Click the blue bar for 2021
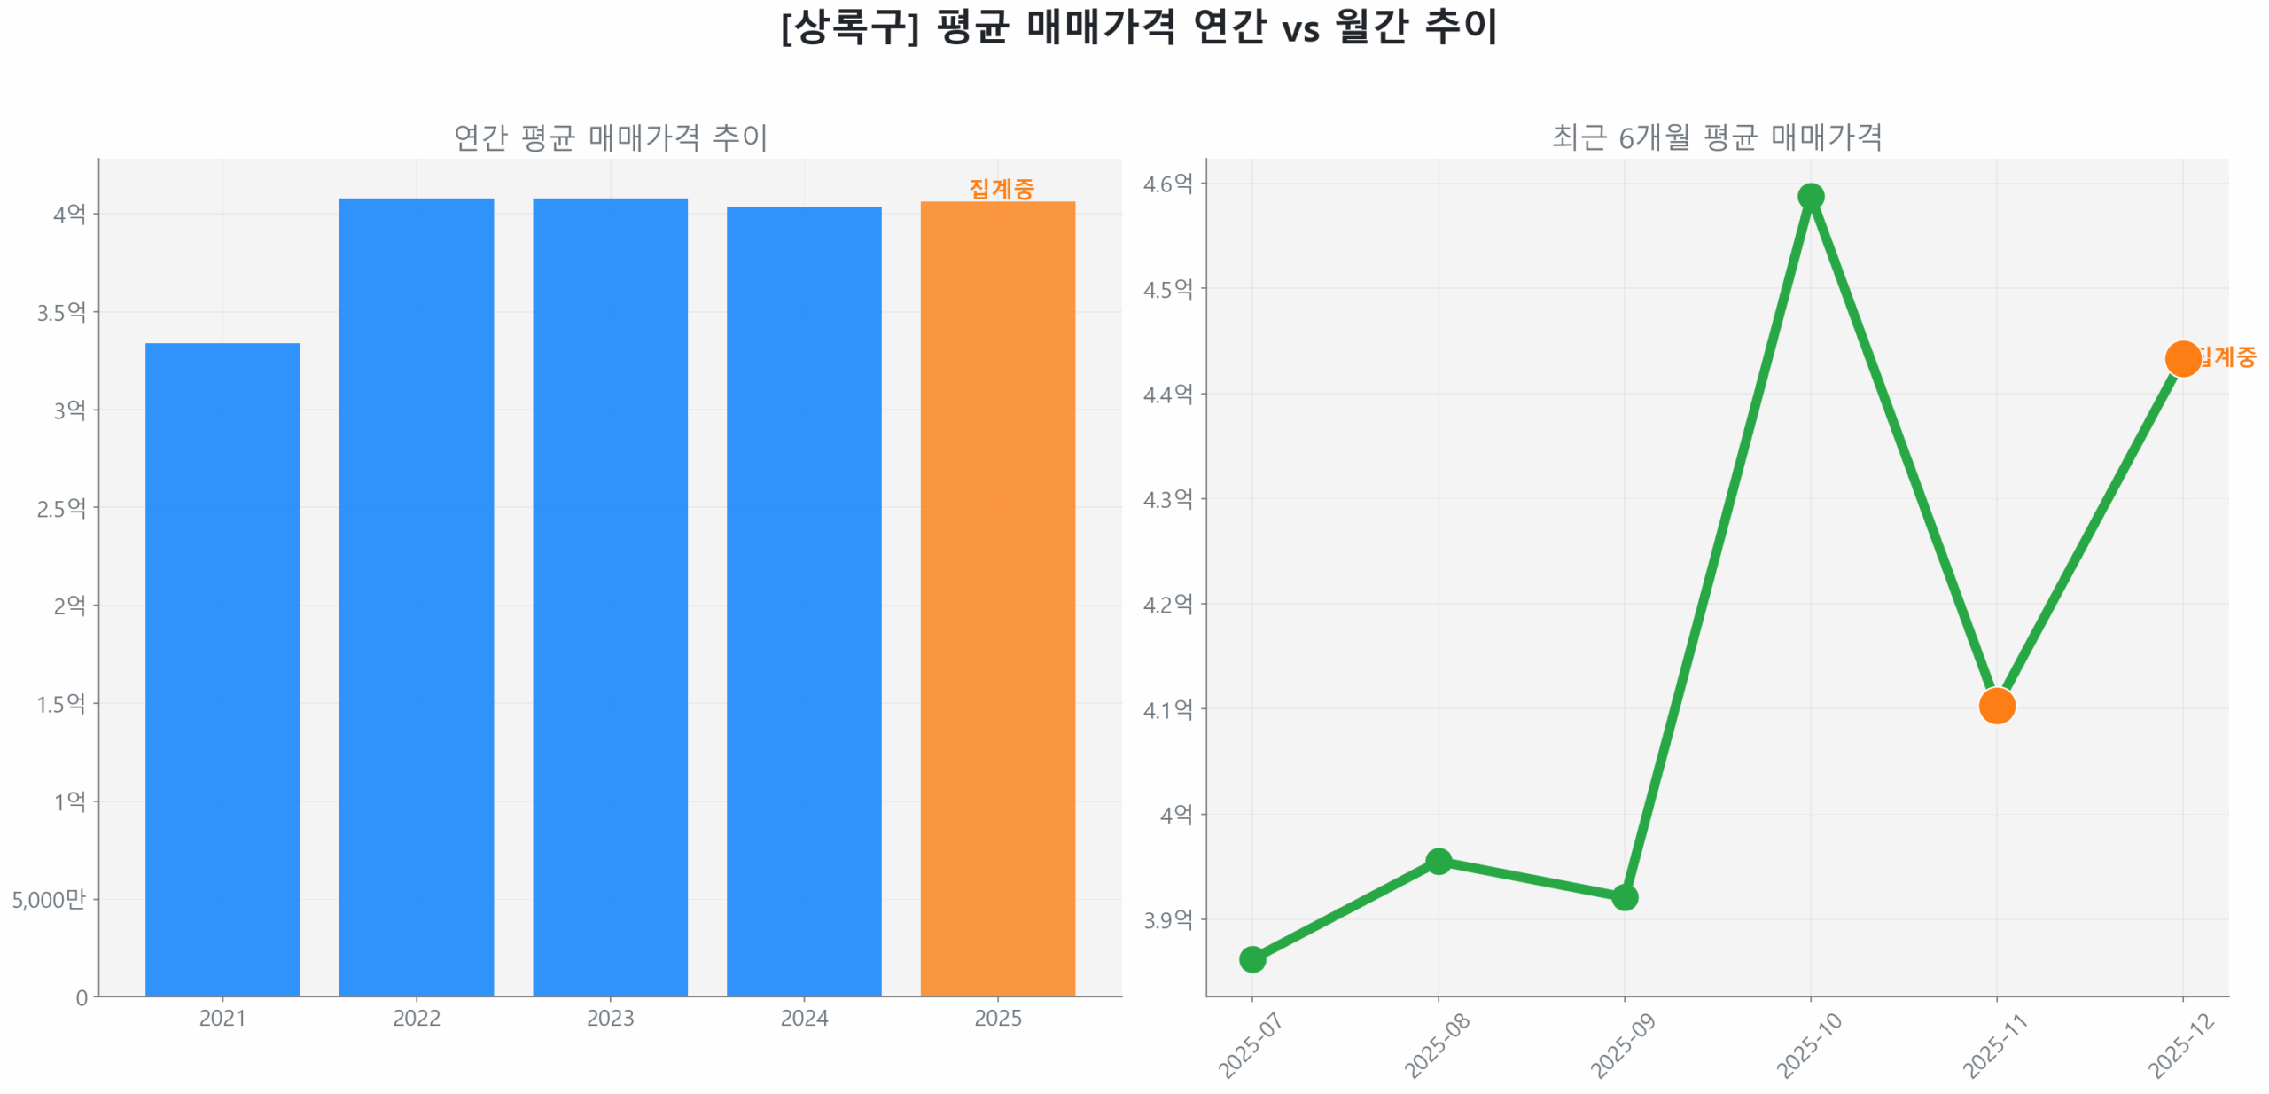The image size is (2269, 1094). (x=222, y=669)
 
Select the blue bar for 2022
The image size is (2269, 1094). (x=417, y=597)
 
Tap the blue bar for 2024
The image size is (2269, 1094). (x=804, y=601)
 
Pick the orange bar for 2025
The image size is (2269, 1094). (x=997, y=598)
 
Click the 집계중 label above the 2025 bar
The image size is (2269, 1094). (x=1002, y=188)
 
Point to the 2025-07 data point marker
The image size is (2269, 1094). (x=1252, y=959)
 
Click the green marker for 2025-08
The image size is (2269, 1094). (x=1439, y=861)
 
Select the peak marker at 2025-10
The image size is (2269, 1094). (x=1811, y=196)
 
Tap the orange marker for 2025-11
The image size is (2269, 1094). (x=1997, y=706)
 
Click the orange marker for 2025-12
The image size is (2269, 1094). (x=2182, y=358)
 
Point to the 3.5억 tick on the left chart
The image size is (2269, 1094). (x=61, y=312)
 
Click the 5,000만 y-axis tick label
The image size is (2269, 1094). (x=49, y=899)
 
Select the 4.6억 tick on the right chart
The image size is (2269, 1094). (x=1167, y=184)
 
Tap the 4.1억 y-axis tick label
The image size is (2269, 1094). (x=1167, y=709)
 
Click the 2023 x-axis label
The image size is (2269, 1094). (x=610, y=1018)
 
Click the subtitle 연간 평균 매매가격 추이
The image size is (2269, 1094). (x=610, y=137)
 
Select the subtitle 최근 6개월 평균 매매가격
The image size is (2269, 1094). (x=1717, y=137)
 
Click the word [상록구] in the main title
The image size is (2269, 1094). (x=849, y=27)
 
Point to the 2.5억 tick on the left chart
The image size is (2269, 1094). (x=61, y=508)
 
